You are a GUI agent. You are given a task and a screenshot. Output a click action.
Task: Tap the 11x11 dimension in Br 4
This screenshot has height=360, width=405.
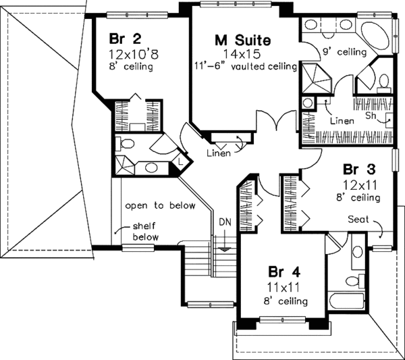(283, 288)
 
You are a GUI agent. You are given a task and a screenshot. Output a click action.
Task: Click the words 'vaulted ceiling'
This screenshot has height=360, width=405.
(267, 67)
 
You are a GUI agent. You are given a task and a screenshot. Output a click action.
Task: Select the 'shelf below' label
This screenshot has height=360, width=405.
(144, 232)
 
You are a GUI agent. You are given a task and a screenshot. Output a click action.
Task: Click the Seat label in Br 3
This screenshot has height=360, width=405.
(358, 220)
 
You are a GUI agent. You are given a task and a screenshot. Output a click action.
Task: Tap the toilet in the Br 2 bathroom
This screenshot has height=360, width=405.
(126, 145)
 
